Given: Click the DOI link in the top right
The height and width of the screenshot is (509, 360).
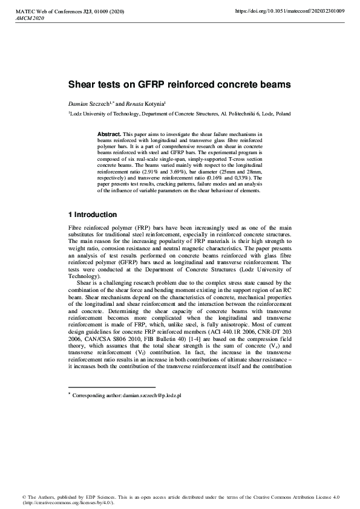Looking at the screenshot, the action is [x=289, y=11].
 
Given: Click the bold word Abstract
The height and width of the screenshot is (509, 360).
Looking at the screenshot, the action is [x=109, y=133].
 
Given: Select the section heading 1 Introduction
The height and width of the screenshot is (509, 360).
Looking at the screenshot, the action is [x=92, y=215].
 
